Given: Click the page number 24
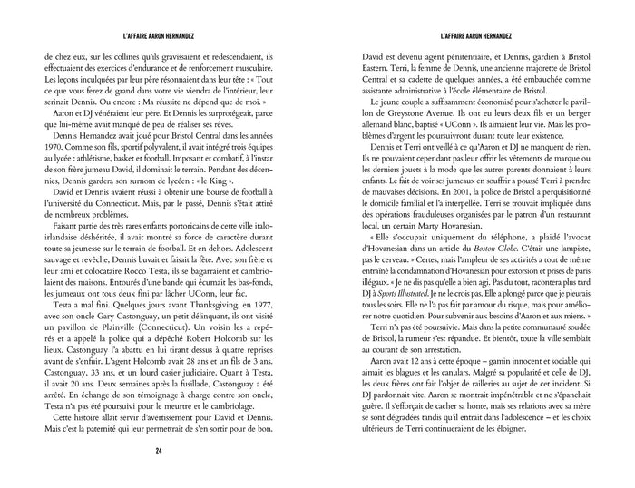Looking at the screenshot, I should (x=159, y=450).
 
